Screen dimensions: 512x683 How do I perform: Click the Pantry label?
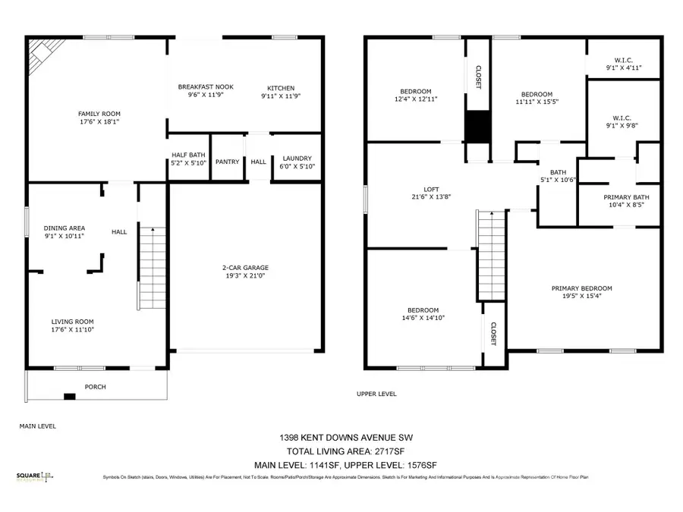pos(227,162)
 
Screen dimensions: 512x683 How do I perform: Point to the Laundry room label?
pos(292,157)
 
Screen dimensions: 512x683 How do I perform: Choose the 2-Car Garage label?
pos(245,268)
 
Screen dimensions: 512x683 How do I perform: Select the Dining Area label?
pos(64,228)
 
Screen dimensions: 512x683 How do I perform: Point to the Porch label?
pos(95,387)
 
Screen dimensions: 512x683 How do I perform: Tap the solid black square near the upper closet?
pos(478,126)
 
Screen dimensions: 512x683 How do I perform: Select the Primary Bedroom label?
pos(581,288)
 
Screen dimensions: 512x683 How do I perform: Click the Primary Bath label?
pos(626,197)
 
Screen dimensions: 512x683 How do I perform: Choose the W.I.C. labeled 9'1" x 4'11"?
pos(622,65)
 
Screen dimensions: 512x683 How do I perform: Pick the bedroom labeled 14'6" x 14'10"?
pos(423,313)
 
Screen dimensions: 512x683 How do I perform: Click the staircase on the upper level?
pos(490,254)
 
